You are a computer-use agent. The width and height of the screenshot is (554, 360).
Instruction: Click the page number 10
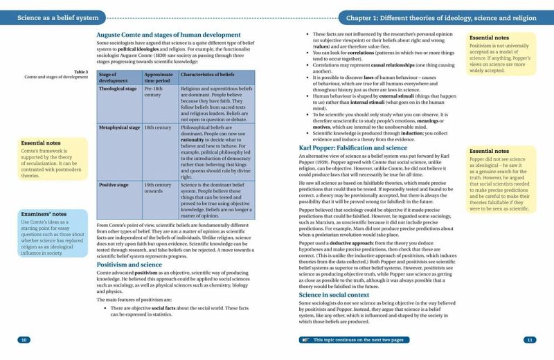[x=24, y=340]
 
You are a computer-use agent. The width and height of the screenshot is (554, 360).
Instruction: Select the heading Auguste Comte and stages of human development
[x=168, y=35]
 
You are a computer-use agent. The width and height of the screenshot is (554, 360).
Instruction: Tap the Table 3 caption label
[x=81, y=71]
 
